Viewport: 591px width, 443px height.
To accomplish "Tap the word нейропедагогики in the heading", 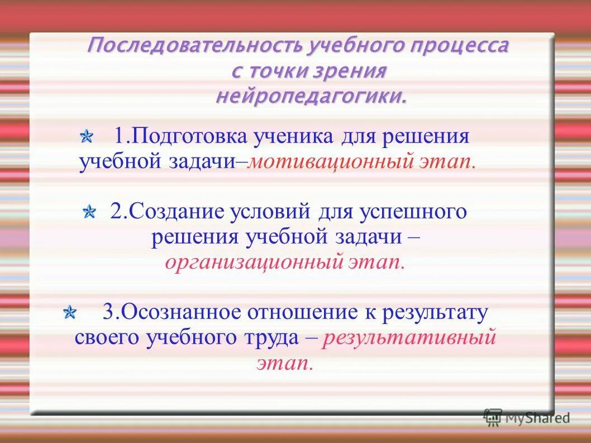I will point(311,97).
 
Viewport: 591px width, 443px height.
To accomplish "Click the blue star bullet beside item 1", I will point(87,136).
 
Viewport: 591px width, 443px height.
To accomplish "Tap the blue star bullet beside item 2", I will point(89,212).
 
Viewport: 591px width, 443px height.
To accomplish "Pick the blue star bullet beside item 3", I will point(70,312).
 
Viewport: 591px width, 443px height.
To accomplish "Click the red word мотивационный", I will point(330,162).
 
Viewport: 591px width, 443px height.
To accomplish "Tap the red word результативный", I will point(409,338).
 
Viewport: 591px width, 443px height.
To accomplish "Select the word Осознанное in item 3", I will point(184,312).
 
